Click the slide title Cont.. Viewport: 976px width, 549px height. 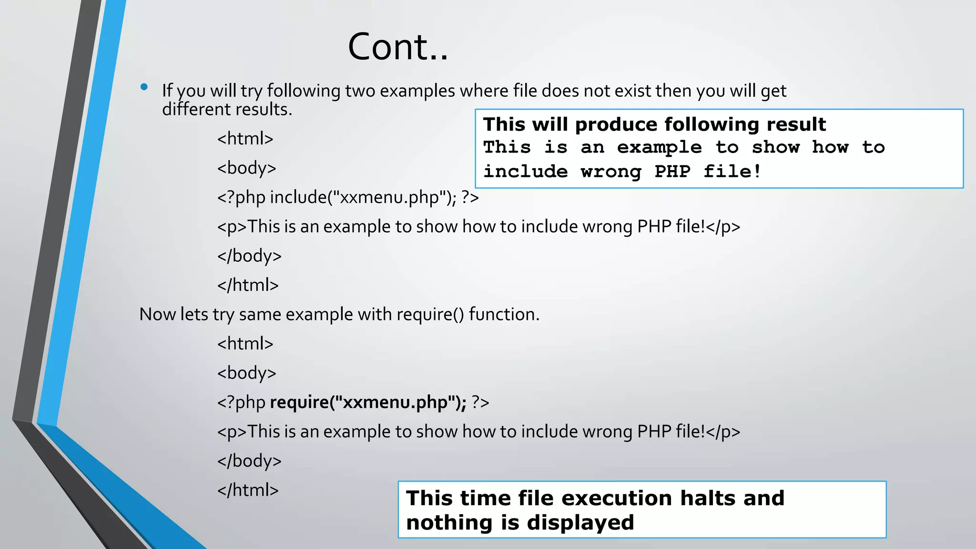pyautogui.click(x=398, y=47)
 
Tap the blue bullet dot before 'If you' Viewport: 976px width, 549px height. pyautogui.click(x=144, y=87)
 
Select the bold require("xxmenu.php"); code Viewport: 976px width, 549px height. pyautogui.click(x=368, y=402)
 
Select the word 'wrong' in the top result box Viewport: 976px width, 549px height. pyautogui.click(x=611, y=172)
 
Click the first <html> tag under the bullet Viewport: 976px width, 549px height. pyautogui.click(x=245, y=139)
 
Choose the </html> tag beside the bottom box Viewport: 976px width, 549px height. pyautogui.click(x=248, y=490)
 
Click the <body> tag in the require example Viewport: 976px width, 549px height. pyautogui.click(x=246, y=373)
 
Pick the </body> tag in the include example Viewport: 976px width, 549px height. pyautogui.click(x=249, y=256)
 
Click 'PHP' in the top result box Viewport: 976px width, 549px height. pyautogui.click(x=672, y=172)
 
